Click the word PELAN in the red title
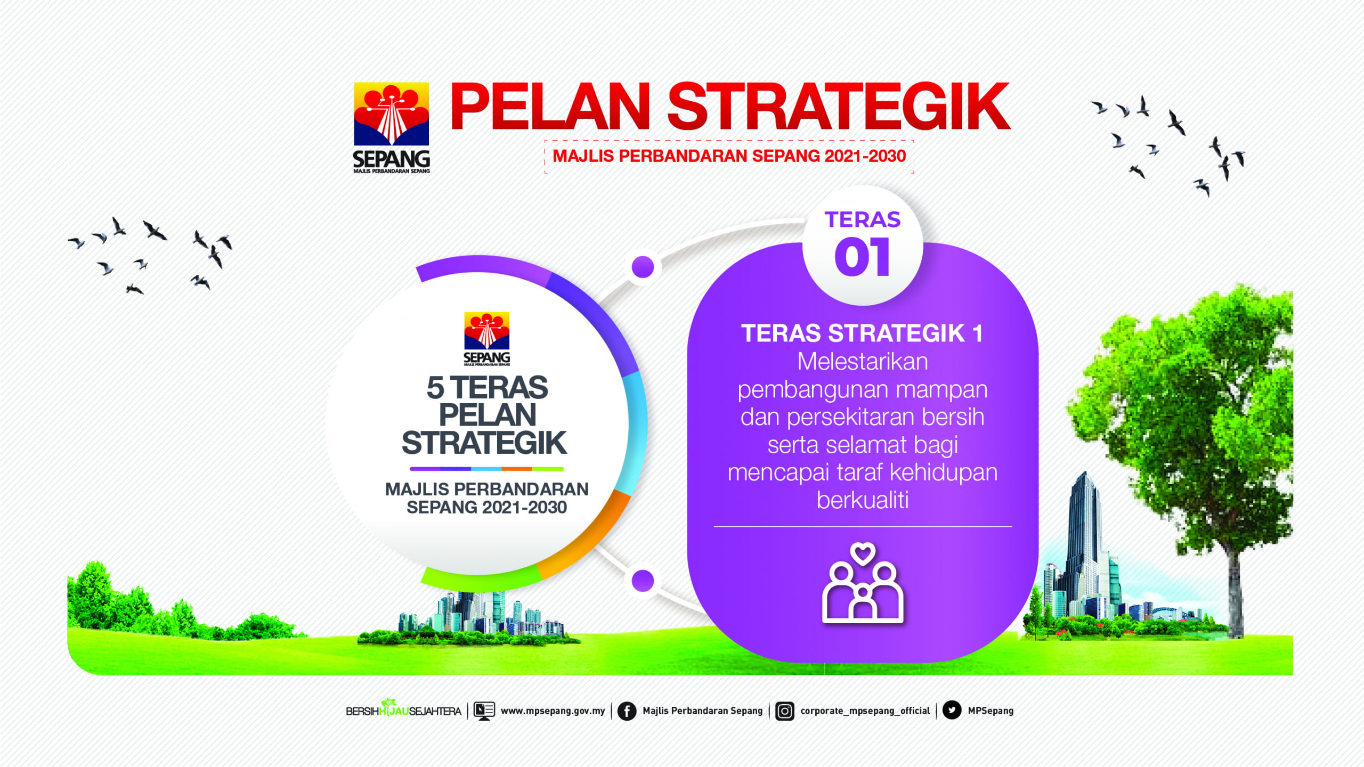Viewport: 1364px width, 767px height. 550,106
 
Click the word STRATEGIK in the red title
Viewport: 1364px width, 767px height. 839,106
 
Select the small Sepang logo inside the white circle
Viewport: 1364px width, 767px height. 486,339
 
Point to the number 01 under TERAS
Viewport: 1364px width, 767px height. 862,257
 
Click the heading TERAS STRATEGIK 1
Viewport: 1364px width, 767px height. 862,333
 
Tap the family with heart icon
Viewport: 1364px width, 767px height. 863,583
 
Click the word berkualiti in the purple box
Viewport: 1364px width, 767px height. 863,500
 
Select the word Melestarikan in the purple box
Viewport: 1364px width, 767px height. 863,362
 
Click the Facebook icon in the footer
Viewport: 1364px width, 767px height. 627,711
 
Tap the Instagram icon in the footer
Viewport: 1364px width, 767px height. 785,711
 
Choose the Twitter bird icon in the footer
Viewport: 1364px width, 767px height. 952,710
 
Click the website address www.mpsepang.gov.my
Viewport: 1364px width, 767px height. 553,711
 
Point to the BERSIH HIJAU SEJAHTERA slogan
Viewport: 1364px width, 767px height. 403,710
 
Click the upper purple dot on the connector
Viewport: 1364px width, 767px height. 643,267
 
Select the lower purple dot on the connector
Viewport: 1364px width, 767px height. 643,581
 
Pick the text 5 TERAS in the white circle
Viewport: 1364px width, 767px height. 487,387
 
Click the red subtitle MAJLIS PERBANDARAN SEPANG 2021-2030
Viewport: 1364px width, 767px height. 729,156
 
